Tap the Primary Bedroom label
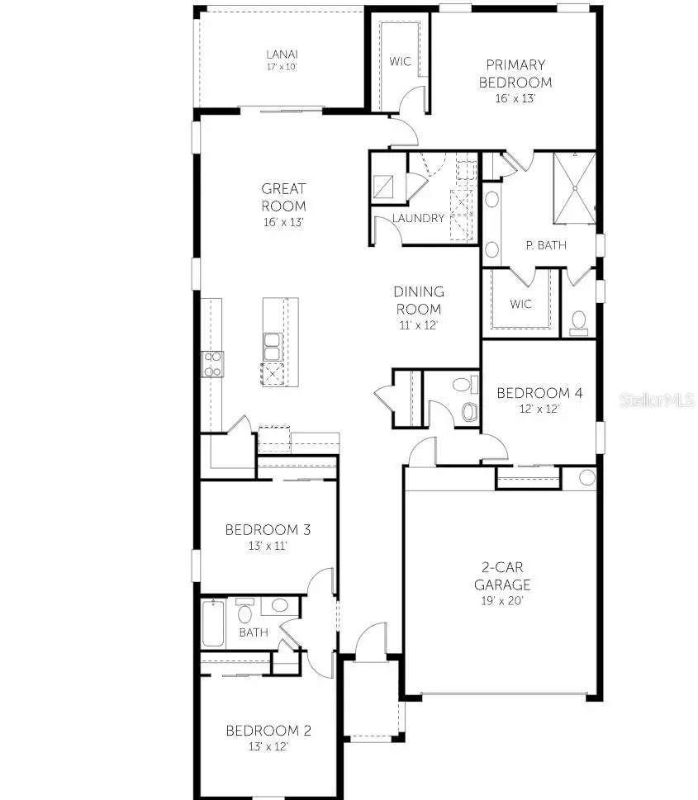click(x=518, y=73)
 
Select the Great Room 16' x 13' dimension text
click(x=283, y=222)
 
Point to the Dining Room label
click(x=418, y=301)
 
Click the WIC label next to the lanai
click(x=401, y=61)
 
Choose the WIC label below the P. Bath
click(x=520, y=304)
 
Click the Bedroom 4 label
click(x=539, y=393)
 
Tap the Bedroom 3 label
click(x=256, y=529)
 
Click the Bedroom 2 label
click(x=257, y=731)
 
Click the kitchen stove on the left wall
click(x=212, y=364)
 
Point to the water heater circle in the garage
click(x=586, y=477)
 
